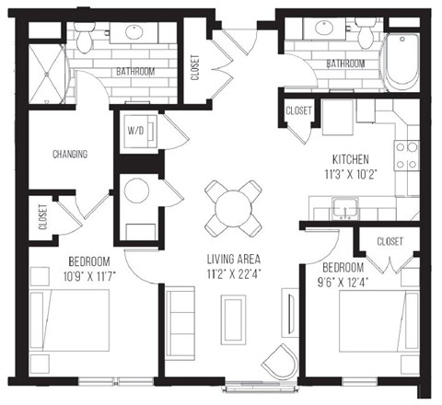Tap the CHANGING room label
[x=70, y=154]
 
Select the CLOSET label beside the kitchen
[x=298, y=110]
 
